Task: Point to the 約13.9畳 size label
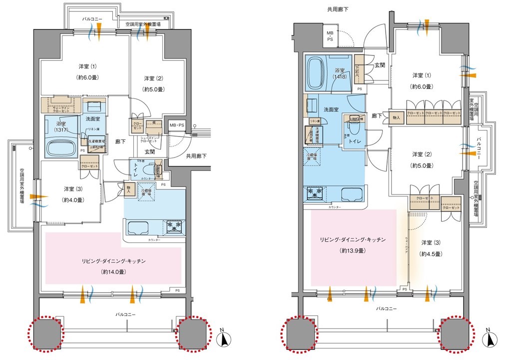click(350, 250)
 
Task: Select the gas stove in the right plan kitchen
click(316, 192)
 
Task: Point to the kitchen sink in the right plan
click(350, 194)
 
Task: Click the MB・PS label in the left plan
click(176, 125)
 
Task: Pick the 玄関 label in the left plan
click(149, 151)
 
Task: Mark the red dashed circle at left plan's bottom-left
click(45, 332)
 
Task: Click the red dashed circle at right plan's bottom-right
click(456, 332)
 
